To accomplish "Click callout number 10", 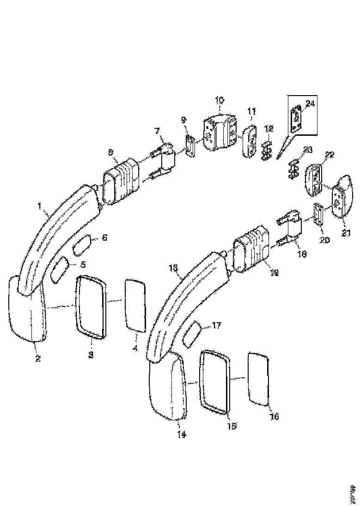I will (219, 100).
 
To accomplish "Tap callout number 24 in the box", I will (310, 104).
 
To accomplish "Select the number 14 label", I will (182, 435).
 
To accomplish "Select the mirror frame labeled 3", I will (91, 307).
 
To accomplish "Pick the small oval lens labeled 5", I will (60, 269).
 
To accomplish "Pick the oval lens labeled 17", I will (191, 335).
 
